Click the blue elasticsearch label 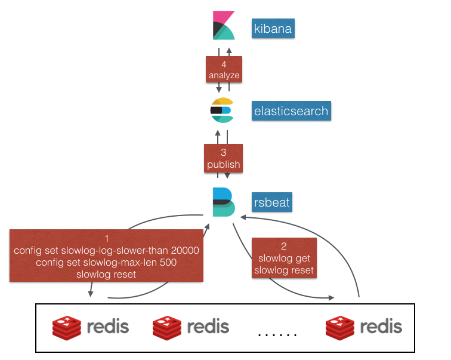tap(290, 111)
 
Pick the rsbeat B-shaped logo tap(224, 201)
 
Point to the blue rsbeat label tap(271, 202)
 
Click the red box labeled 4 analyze tap(224, 70)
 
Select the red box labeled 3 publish tap(224, 158)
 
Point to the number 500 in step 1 tap(164, 263)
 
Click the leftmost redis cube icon tap(66, 327)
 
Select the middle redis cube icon tap(166, 327)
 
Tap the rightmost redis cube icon tap(339, 327)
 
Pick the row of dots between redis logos tap(277, 334)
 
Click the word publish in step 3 tap(224, 164)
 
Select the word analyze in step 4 tap(224, 76)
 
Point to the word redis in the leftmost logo tap(108, 327)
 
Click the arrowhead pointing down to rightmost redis tap(332, 297)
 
